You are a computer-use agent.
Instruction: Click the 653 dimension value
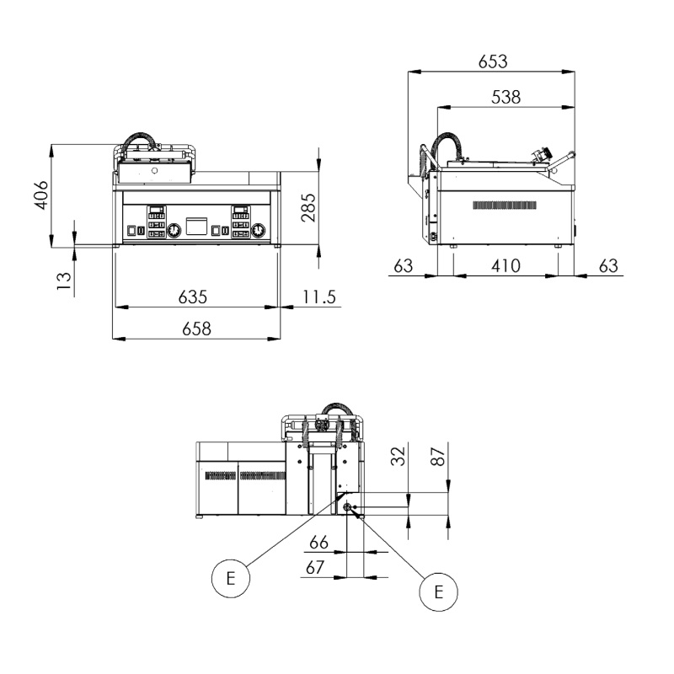click(x=493, y=62)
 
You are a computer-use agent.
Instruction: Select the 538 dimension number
click(x=506, y=97)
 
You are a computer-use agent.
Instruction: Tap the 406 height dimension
click(x=41, y=195)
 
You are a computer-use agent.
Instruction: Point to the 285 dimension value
click(x=308, y=207)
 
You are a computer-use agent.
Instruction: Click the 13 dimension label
click(x=64, y=281)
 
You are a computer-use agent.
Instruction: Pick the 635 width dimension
click(x=193, y=297)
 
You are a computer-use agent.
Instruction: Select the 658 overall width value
click(x=196, y=329)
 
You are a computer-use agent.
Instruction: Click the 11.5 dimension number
click(x=319, y=297)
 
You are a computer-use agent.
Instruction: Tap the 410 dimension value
click(x=506, y=265)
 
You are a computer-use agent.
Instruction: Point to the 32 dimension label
click(x=399, y=456)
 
